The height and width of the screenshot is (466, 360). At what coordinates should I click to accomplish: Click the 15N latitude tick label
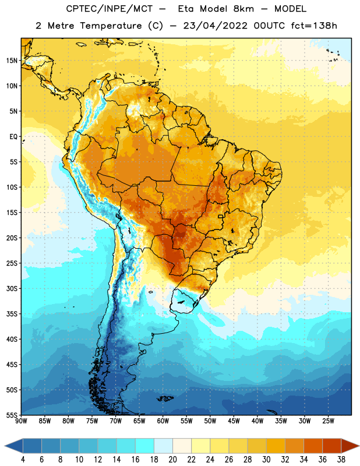[12, 61]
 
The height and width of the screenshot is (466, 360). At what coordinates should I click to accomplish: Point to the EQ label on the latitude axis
[13, 137]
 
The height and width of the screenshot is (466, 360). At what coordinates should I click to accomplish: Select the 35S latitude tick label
[12, 314]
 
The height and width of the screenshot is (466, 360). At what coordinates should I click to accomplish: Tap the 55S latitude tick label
[12, 415]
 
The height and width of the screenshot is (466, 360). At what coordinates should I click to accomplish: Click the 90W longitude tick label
[21, 421]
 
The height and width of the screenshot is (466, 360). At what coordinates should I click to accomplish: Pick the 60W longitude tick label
[163, 421]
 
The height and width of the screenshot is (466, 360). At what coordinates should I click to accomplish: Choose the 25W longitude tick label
[328, 421]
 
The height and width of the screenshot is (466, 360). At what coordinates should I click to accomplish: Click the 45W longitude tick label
[234, 421]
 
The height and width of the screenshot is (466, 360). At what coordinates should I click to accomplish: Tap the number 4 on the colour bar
[23, 460]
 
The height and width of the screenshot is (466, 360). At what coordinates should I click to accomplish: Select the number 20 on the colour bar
[172, 460]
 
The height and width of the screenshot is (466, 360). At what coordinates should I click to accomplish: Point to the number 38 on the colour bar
[341, 460]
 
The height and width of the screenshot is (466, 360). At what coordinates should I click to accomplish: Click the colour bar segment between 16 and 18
[145, 446]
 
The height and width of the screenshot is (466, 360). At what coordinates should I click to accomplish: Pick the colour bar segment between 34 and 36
[313, 446]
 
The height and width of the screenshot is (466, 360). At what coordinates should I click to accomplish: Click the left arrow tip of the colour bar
[5, 446]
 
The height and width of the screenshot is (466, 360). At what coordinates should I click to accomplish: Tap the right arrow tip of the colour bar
[359, 446]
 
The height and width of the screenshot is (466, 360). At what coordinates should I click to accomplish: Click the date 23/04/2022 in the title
[215, 26]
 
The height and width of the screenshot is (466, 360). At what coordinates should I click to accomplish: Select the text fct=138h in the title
[314, 26]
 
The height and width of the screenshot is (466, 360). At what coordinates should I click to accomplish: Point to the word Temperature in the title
[111, 26]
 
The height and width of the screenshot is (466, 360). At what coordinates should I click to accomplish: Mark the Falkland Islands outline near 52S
[165, 398]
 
